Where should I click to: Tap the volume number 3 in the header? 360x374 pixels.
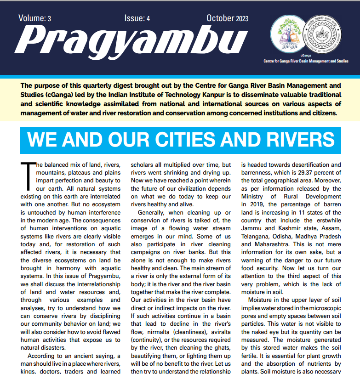pos(49,18)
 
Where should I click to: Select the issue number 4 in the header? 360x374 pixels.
pos(149,18)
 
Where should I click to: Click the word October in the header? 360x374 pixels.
pos(220,18)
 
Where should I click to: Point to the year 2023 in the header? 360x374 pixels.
pos(242,18)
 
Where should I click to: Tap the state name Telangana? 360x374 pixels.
pos(258,228)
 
